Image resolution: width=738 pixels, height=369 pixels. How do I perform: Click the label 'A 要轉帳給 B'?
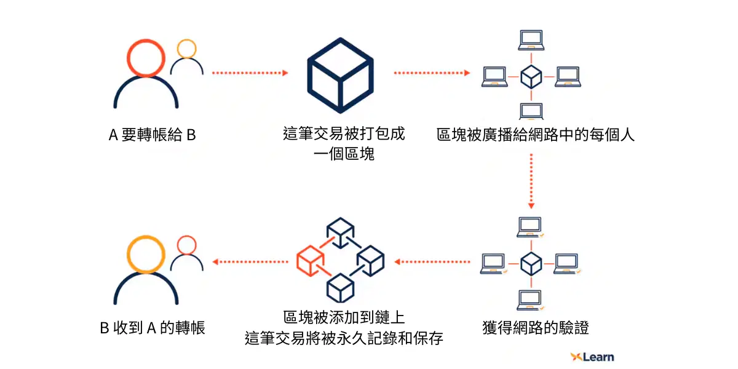click(x=152, y=135)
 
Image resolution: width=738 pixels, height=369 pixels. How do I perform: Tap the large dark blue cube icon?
click(x=340, y=73)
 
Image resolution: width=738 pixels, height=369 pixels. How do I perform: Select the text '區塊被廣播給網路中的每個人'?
click(x=536, y=135)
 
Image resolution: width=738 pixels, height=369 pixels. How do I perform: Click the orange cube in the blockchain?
click(x=310, y=261)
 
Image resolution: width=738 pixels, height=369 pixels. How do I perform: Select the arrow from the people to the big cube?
click(x=250, y=73)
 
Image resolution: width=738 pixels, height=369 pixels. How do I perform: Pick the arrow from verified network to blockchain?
click(x=432, y=262)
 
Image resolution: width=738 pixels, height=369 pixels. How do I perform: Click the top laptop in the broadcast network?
click(x=531, y=39)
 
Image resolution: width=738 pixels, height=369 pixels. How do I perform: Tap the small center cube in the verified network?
click(x=531, y=264)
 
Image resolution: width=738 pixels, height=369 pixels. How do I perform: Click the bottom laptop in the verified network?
click(x=531, y=300)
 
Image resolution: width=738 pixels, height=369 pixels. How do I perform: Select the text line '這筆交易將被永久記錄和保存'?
click(x=344, y=339)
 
